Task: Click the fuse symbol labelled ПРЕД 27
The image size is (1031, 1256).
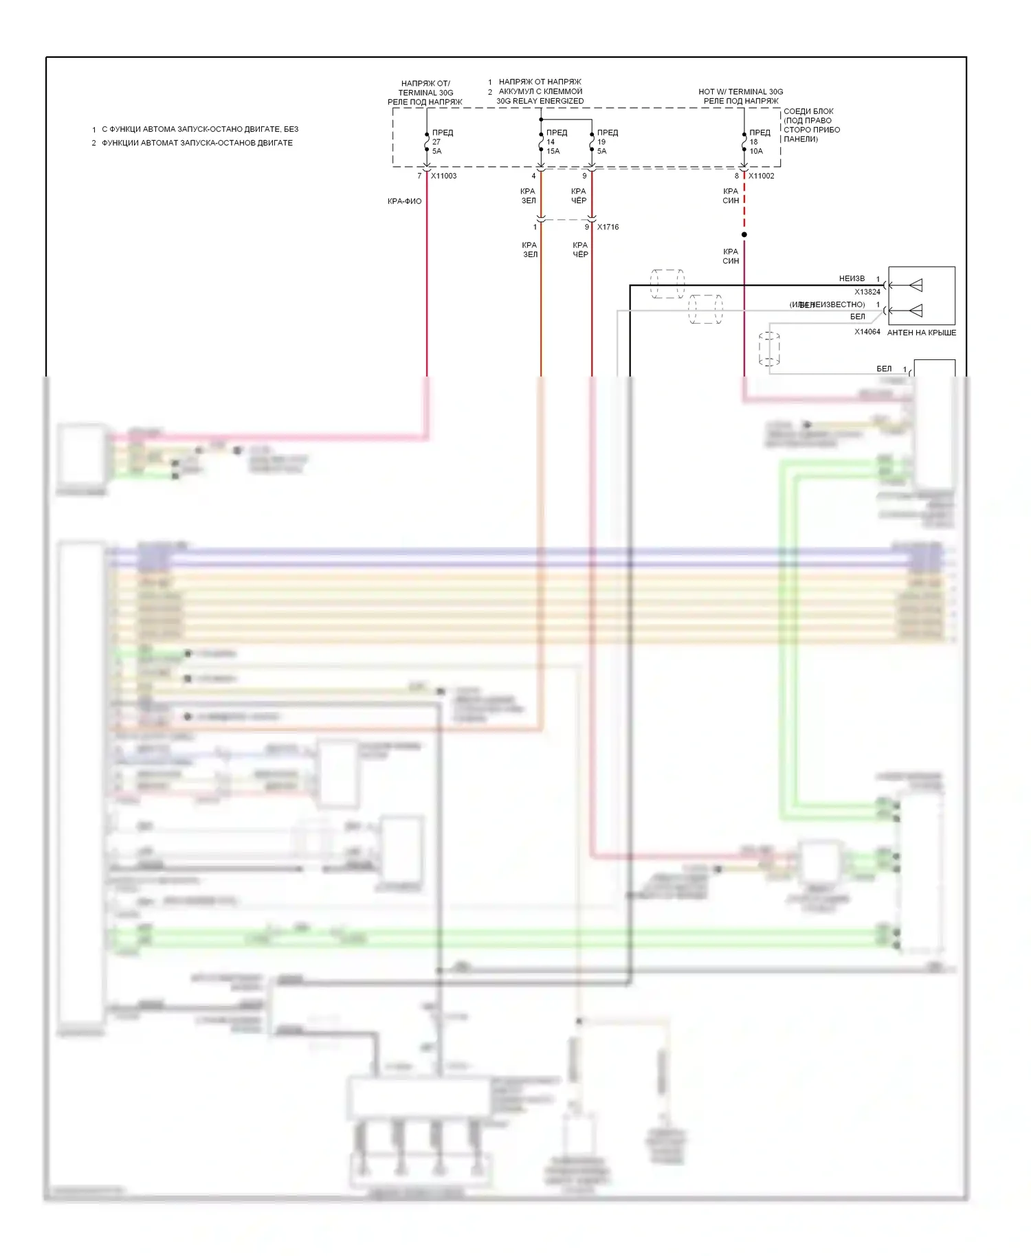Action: coord(427,142)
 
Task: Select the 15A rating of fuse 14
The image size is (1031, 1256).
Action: coord(553,151)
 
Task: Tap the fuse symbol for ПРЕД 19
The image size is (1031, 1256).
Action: coord(592,142)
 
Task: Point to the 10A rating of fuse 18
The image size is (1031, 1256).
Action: coord(756,151)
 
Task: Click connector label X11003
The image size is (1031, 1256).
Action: coord(443,176)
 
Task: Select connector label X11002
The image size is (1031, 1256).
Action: coord(761,176)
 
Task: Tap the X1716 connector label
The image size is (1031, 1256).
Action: coord(608,227)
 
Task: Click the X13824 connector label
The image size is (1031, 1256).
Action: coord(867,292)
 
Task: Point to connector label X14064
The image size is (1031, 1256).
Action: coord(867,332)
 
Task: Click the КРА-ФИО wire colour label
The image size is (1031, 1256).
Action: coord(404,201)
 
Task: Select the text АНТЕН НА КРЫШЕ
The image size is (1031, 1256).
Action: coord(921,333)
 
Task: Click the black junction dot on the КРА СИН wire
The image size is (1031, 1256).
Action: coord(744,234)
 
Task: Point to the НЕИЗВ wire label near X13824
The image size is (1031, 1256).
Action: coord(852,278)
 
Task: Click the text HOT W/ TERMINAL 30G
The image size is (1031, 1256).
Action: coord(740,91)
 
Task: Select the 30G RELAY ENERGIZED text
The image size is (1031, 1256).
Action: coord(540,101)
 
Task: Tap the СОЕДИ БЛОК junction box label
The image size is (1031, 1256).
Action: coord(808,111)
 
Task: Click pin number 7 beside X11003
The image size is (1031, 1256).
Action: coord(419,176)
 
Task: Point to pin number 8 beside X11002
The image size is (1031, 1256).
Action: coord(736,176)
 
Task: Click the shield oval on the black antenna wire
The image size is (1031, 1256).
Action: coord(667,284)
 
